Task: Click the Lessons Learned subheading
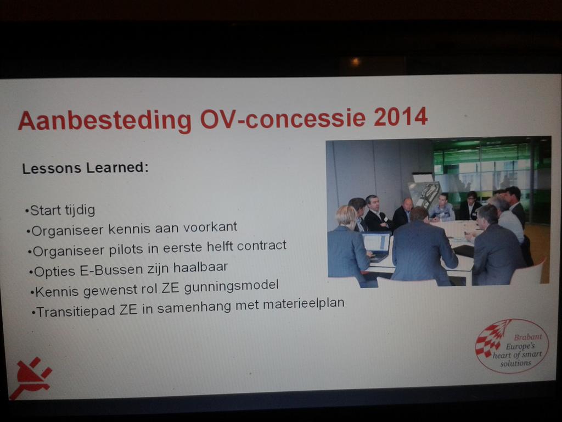pos(85,168)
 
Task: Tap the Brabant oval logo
pos(511,346)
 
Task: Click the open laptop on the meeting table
pos(376,245)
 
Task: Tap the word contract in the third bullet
pos(261,246)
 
